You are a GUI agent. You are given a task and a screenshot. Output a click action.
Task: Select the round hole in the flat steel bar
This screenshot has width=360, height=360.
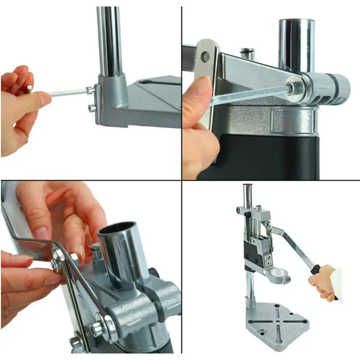[205, 56]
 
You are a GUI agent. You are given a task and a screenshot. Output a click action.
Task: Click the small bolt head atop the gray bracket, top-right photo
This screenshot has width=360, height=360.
[247, 51]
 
